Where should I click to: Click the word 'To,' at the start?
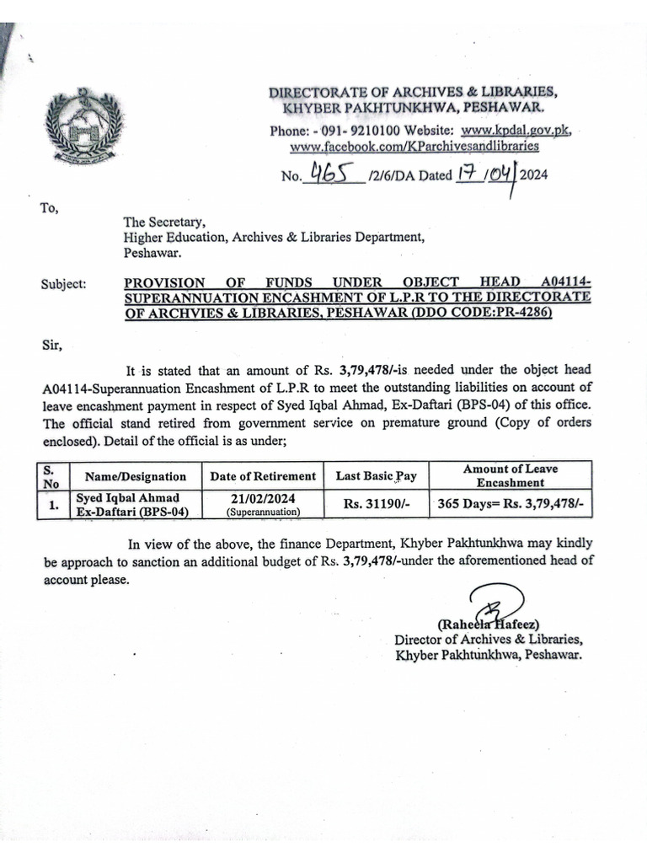click(48, 208)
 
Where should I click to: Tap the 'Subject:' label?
click(63, 284)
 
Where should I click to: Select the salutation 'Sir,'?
click(51, 344)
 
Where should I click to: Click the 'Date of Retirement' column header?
click(263, 476)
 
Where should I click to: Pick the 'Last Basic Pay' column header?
click(376, 476)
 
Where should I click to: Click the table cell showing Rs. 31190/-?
click(376, 505)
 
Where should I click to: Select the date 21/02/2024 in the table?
click(263, 499)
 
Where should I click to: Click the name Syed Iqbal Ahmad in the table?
click(127, 499)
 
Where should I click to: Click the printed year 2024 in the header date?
click(534, 175)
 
